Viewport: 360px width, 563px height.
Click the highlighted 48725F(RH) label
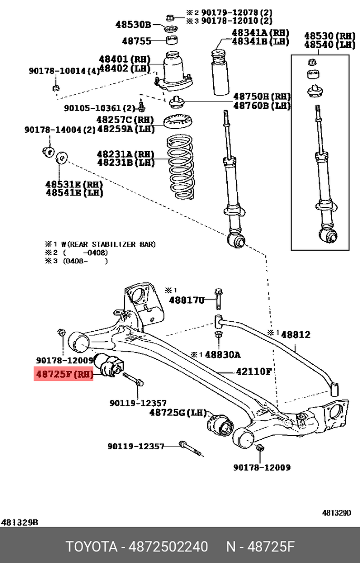64,374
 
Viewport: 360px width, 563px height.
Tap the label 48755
136,41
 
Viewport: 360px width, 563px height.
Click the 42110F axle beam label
253,371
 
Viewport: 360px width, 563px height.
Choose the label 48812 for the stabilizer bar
295,334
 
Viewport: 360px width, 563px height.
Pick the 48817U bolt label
186,300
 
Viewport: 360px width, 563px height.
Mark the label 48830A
223,354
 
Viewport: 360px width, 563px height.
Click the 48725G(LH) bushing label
178,412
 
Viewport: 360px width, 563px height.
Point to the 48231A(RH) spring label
125,154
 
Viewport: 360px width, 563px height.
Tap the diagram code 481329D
336,512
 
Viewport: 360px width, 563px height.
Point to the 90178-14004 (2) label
59,130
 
